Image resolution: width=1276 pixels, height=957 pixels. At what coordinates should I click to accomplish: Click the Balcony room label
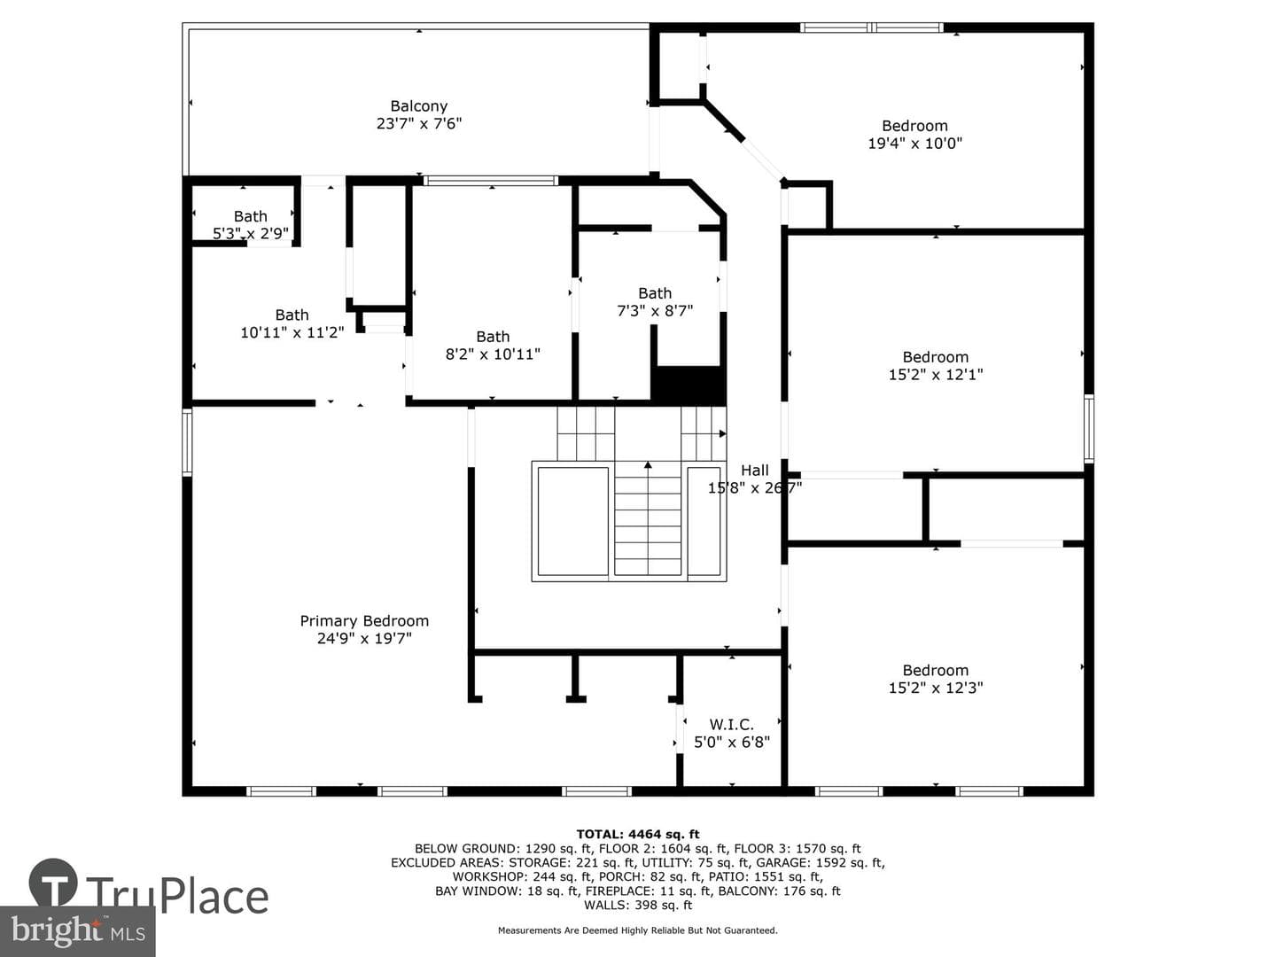coord(418,106)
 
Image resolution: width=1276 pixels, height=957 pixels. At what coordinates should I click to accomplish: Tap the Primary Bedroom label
coord(364,621)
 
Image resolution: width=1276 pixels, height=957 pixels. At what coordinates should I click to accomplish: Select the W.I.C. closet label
coord(731,725)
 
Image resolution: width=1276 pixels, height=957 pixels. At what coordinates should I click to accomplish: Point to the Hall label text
coord(755,470)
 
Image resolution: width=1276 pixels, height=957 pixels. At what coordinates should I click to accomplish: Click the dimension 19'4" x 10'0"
coord(915,143)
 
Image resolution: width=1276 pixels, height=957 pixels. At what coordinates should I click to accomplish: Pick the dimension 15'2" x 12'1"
coord(936,374)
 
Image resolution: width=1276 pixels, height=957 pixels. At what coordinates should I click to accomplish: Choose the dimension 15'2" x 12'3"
coord(936,688)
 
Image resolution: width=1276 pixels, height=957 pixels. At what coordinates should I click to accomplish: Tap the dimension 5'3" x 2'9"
coord(251,234)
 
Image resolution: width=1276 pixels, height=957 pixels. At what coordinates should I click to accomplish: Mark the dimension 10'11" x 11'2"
coord(292,332)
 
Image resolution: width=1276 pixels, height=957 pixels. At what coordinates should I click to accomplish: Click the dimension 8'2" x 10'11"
coord(493,354)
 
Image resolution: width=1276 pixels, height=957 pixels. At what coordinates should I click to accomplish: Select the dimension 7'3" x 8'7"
coord(655,311)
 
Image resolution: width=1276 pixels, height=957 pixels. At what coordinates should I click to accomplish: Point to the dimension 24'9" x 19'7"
coord(364,639)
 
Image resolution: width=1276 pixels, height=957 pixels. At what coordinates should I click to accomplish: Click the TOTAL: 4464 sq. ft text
coord(638,835)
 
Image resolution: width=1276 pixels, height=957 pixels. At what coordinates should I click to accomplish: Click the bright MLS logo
coord(77,930)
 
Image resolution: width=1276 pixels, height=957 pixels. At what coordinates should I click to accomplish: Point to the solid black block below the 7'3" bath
coord(689,385)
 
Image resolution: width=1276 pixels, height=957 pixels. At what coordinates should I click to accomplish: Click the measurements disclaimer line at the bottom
coord(638,930)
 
